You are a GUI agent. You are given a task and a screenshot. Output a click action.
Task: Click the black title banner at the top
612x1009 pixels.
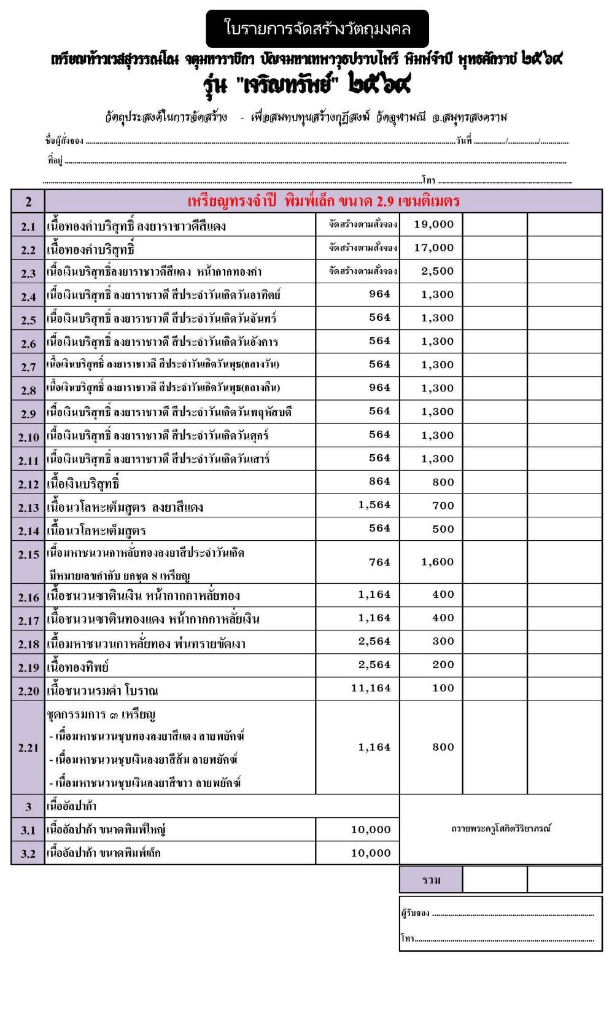pyautogui.click(x=317, y=29)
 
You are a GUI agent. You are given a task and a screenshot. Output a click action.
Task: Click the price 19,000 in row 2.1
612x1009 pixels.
pyautogui.click(x=433, y=224)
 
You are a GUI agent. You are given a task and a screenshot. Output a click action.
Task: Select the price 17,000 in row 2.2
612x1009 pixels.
pyautogui.click(x=433, y=248)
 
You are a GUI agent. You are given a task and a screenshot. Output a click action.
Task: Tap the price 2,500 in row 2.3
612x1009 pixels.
pyautogui.click(x=437, y=271)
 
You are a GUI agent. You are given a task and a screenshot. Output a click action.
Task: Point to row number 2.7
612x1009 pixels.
pyautogui.click(x=28, y=367)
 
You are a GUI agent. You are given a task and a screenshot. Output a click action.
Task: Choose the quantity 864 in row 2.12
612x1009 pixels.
pyautogui.click(x=379, y=481)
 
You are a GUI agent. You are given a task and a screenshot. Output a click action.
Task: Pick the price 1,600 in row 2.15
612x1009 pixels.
pyautogui.click(x=437, y=562)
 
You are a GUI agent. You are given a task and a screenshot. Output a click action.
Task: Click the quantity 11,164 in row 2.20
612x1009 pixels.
pyautogui.click(x=370, y=688)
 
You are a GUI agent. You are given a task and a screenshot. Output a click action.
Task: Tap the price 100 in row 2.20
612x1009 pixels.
pyautogui.click(x=443, y=688)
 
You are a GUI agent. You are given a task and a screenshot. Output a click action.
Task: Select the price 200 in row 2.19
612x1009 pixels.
pyautogui.click(x=443, y=665)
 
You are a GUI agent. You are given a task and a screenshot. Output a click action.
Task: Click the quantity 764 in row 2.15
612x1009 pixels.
pyautogui.click(x=379, y=562)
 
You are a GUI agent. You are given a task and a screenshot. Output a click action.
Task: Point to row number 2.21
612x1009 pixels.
pyautogui.click(x=28, y=748)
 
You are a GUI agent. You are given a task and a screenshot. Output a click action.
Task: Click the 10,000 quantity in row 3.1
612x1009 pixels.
pyautogui.click(x=370, y=830)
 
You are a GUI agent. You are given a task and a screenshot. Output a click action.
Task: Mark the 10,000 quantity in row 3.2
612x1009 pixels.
pyautogui.click(x=370, y=853)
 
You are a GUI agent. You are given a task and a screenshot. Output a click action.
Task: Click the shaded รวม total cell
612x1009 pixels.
pyautogui.click(x=431, y=880)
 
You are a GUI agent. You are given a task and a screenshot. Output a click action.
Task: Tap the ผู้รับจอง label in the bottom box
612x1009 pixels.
pyautogui.click(x=416, y=913)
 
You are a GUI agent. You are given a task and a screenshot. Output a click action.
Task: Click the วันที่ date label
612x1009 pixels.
pyautogui.click(x=464, y=141)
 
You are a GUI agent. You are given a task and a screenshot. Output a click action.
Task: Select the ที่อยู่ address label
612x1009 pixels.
pyautogui.click(x=55, y=160)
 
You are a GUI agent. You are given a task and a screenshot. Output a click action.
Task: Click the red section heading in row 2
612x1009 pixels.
pyautogui.click(x=323, y=201)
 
